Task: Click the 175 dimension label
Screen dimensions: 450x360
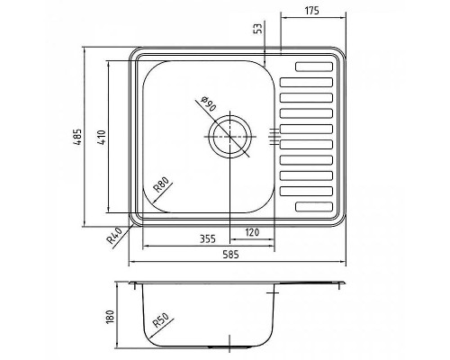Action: click(312, 11)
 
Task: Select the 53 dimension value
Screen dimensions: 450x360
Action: click(258, 28)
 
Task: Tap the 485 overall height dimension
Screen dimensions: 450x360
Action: click(77, 137)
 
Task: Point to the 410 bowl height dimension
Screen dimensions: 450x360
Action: click(102, 137)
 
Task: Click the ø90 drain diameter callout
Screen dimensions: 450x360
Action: click(208, 103)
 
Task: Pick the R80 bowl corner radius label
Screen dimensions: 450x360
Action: click(161, 184)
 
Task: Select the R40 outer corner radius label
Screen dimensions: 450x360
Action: click(114, 235)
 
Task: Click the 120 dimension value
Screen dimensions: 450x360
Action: click(252, 232)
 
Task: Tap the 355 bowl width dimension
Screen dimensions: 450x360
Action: click(208, 238)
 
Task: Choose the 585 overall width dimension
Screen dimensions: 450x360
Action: click(231, 255)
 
